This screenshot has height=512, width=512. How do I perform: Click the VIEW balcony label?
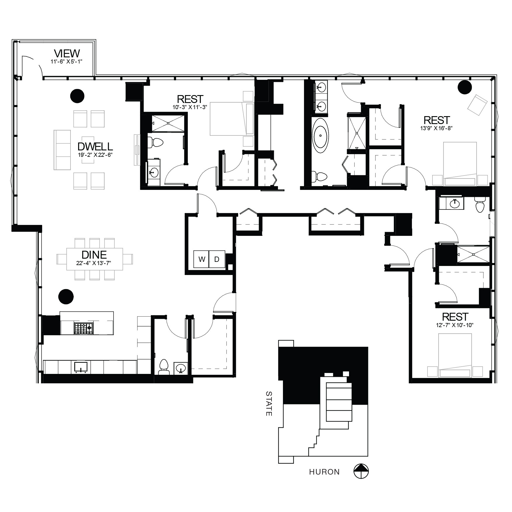point(67,54)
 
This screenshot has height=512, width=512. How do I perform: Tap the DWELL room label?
point(95,146)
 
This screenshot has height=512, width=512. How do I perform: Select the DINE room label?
point(94,255)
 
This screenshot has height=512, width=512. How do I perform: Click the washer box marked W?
point(202,259)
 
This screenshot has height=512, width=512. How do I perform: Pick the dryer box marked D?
point(217,259)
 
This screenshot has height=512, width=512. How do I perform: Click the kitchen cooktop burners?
point(84,328)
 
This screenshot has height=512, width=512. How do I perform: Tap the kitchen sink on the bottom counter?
point(81,367)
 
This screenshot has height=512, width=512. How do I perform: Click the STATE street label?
point(269,403)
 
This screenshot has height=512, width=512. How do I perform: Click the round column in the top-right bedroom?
point(465,87)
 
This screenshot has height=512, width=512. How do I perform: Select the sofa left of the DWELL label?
point(62,150)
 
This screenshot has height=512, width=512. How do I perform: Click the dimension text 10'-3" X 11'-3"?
point(190,107)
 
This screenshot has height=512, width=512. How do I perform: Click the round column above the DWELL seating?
point(77,96)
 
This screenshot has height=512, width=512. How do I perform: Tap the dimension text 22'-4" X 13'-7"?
point(94,263)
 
